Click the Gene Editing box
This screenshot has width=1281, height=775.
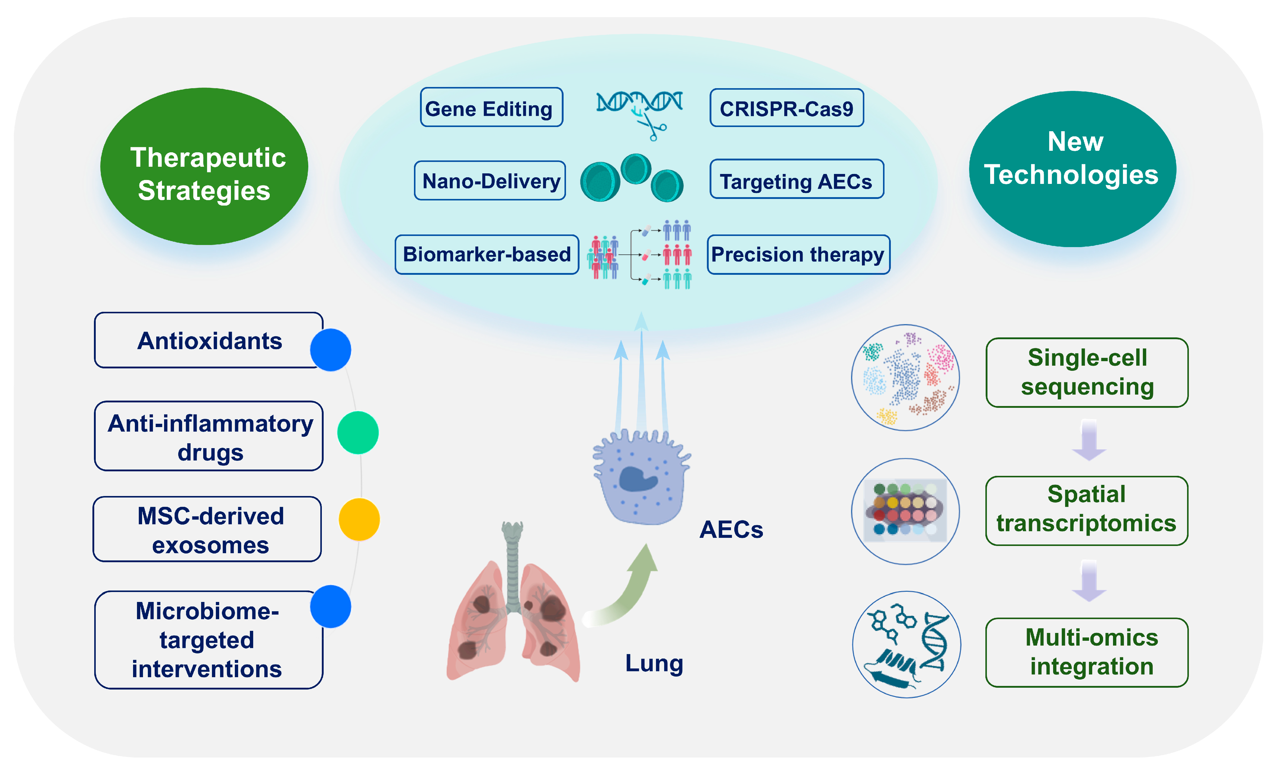tap(491, 107)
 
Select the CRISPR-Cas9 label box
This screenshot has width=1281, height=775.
tap(787, 108)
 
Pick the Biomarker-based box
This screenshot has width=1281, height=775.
tap(487, 255)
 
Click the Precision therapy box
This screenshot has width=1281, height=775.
tap(798, 255)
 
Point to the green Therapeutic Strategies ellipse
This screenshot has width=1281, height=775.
tap(204, 166)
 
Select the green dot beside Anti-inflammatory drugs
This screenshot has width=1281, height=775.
tap(358, 432)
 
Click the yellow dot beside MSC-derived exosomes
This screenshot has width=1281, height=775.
tap(359, 519)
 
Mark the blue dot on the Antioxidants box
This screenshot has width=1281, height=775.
tap(331, 349)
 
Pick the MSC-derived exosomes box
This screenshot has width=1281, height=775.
tap(207, 529)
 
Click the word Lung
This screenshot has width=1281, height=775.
tap(654, 664)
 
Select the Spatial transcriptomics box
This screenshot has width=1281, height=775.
tap(1087, 510)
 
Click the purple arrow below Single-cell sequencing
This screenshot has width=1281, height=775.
tap(1089, 440)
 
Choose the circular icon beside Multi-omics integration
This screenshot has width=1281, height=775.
tap(906, 645)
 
